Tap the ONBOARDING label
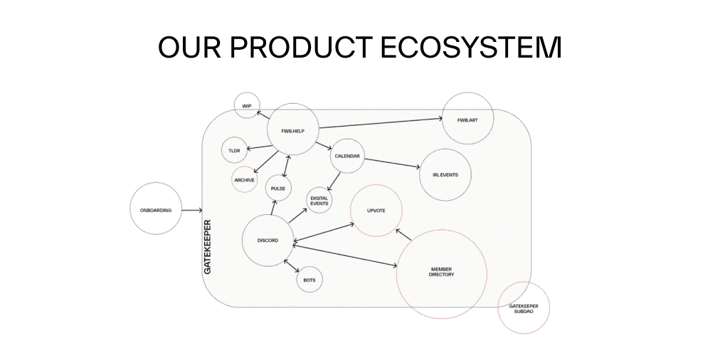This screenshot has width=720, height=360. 156,211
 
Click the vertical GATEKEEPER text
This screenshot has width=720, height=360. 208,247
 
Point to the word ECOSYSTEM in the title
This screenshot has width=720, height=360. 471,47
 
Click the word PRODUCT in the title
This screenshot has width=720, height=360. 301,47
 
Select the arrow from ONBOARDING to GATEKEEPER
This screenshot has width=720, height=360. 192,211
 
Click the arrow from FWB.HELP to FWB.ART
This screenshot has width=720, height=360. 381,123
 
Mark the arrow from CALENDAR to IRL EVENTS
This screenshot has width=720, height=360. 392,164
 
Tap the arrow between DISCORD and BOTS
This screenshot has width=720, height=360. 292,266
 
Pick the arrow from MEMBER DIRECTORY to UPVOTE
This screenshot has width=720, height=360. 403,235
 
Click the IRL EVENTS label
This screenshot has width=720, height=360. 445,175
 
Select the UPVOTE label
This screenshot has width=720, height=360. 376,211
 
